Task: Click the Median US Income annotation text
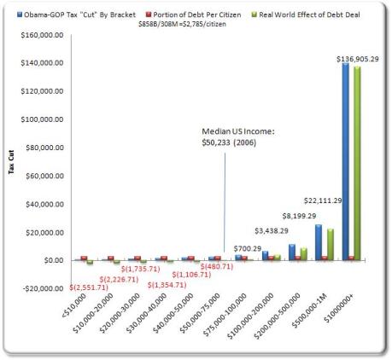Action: [231, 136]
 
